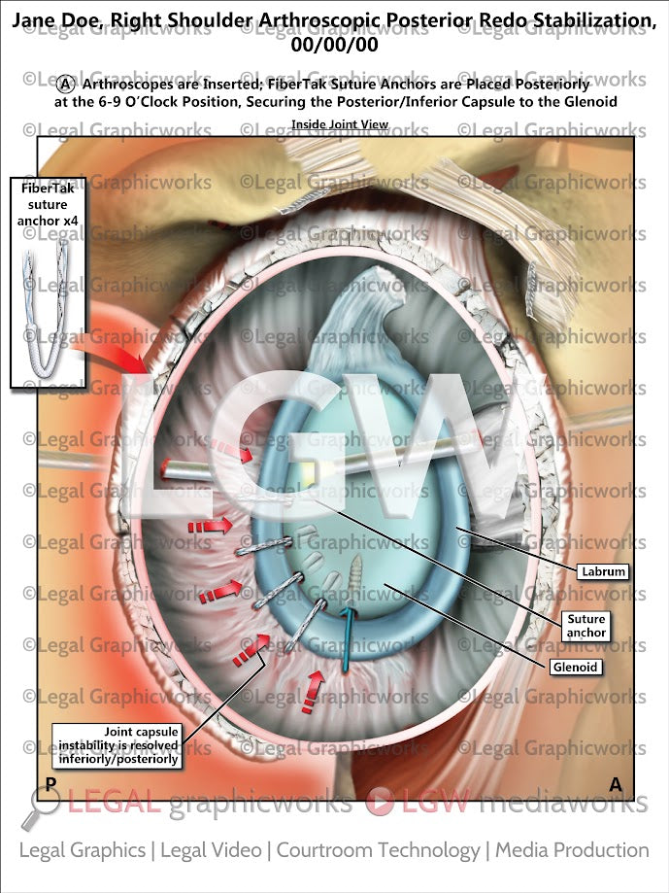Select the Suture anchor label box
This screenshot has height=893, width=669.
(585, 626)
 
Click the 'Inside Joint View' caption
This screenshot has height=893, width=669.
(340, 124)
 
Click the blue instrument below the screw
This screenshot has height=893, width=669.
(346, 642)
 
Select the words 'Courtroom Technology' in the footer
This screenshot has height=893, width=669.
(378, 850)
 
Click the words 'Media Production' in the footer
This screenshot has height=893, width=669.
(572, 850)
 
